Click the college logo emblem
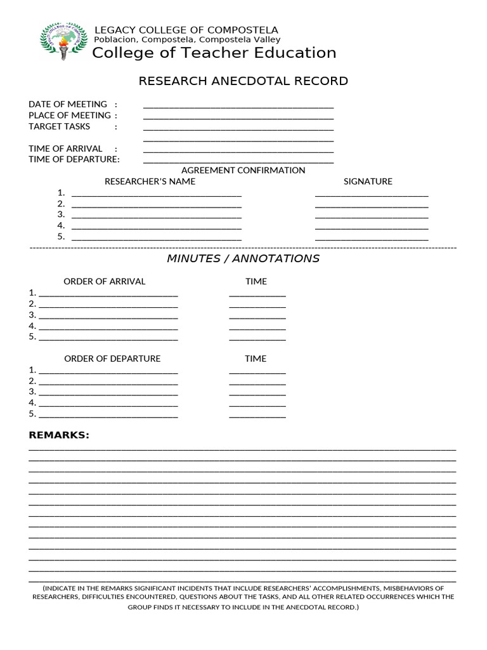pos(63,41)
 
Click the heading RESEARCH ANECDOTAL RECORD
pos(243,81)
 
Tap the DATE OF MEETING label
pos(68,104)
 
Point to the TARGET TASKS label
pos(59,126)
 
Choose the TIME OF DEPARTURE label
pos(74,159)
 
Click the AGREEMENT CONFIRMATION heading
pos(243,170)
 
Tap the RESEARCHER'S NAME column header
pos(150,182)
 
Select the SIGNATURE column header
pos(368,182)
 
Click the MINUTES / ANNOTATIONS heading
pos(243,258)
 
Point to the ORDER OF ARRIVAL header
pos(104,281)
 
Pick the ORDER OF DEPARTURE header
pos(112,359)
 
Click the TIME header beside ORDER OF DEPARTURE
pos(256,359)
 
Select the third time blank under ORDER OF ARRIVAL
pos(257,317)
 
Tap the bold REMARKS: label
pos(59,435)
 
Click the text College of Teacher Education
pos(214,53)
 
